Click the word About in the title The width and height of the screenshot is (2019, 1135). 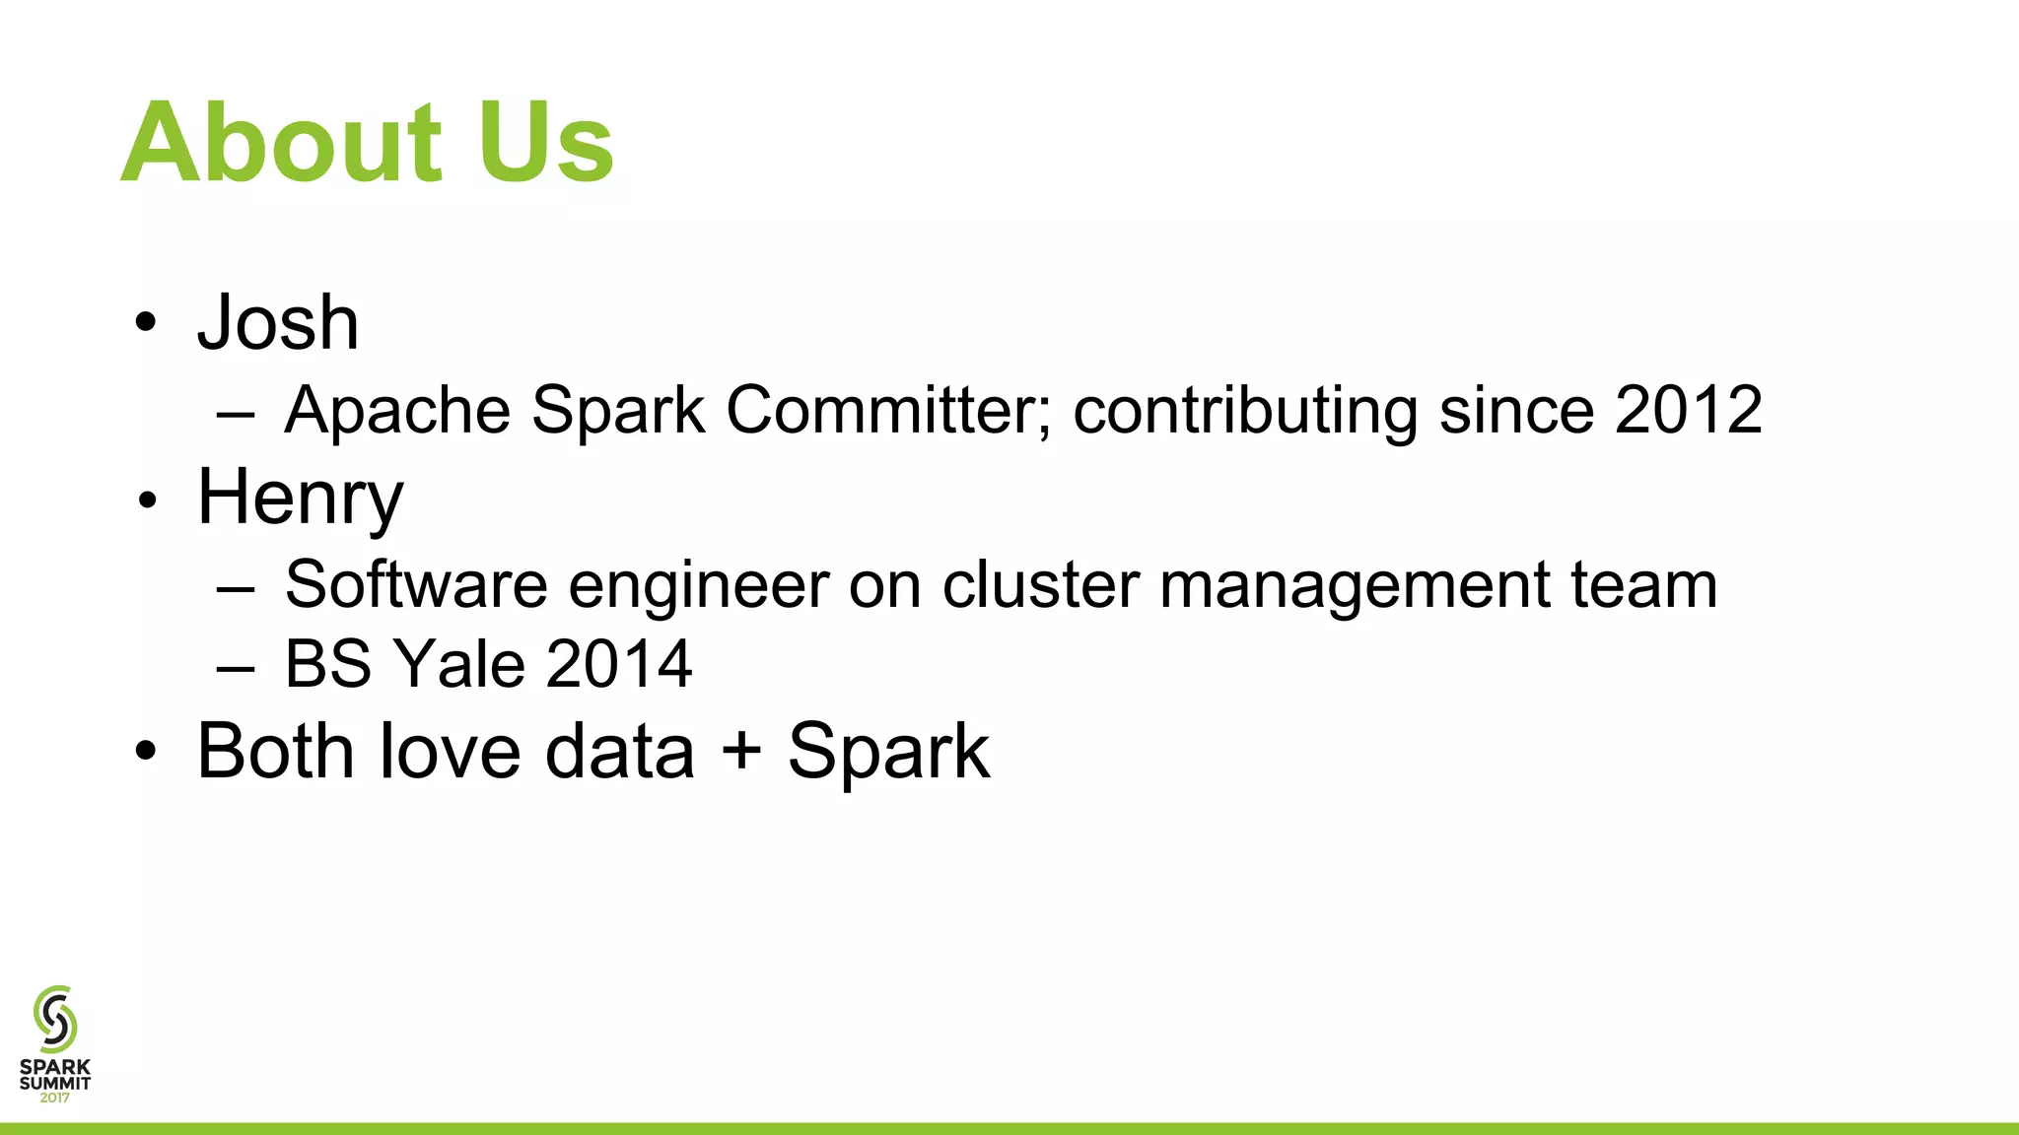coord(282,143)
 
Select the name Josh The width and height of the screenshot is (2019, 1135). coord(278,323)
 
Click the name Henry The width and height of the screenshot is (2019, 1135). coord(300,499)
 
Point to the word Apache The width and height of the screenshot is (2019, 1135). coord(397,410)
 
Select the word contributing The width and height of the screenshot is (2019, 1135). coord(1245,410)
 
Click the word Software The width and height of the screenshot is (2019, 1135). coord(415,585)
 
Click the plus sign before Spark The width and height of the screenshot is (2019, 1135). coord(741,752)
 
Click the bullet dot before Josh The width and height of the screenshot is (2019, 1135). coord(146,323)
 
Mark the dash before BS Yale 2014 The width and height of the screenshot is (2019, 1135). coord(236,667)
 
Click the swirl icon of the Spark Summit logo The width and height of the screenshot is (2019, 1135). coord(55,1019)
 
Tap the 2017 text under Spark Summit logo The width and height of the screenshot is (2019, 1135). coord(55,1098)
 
